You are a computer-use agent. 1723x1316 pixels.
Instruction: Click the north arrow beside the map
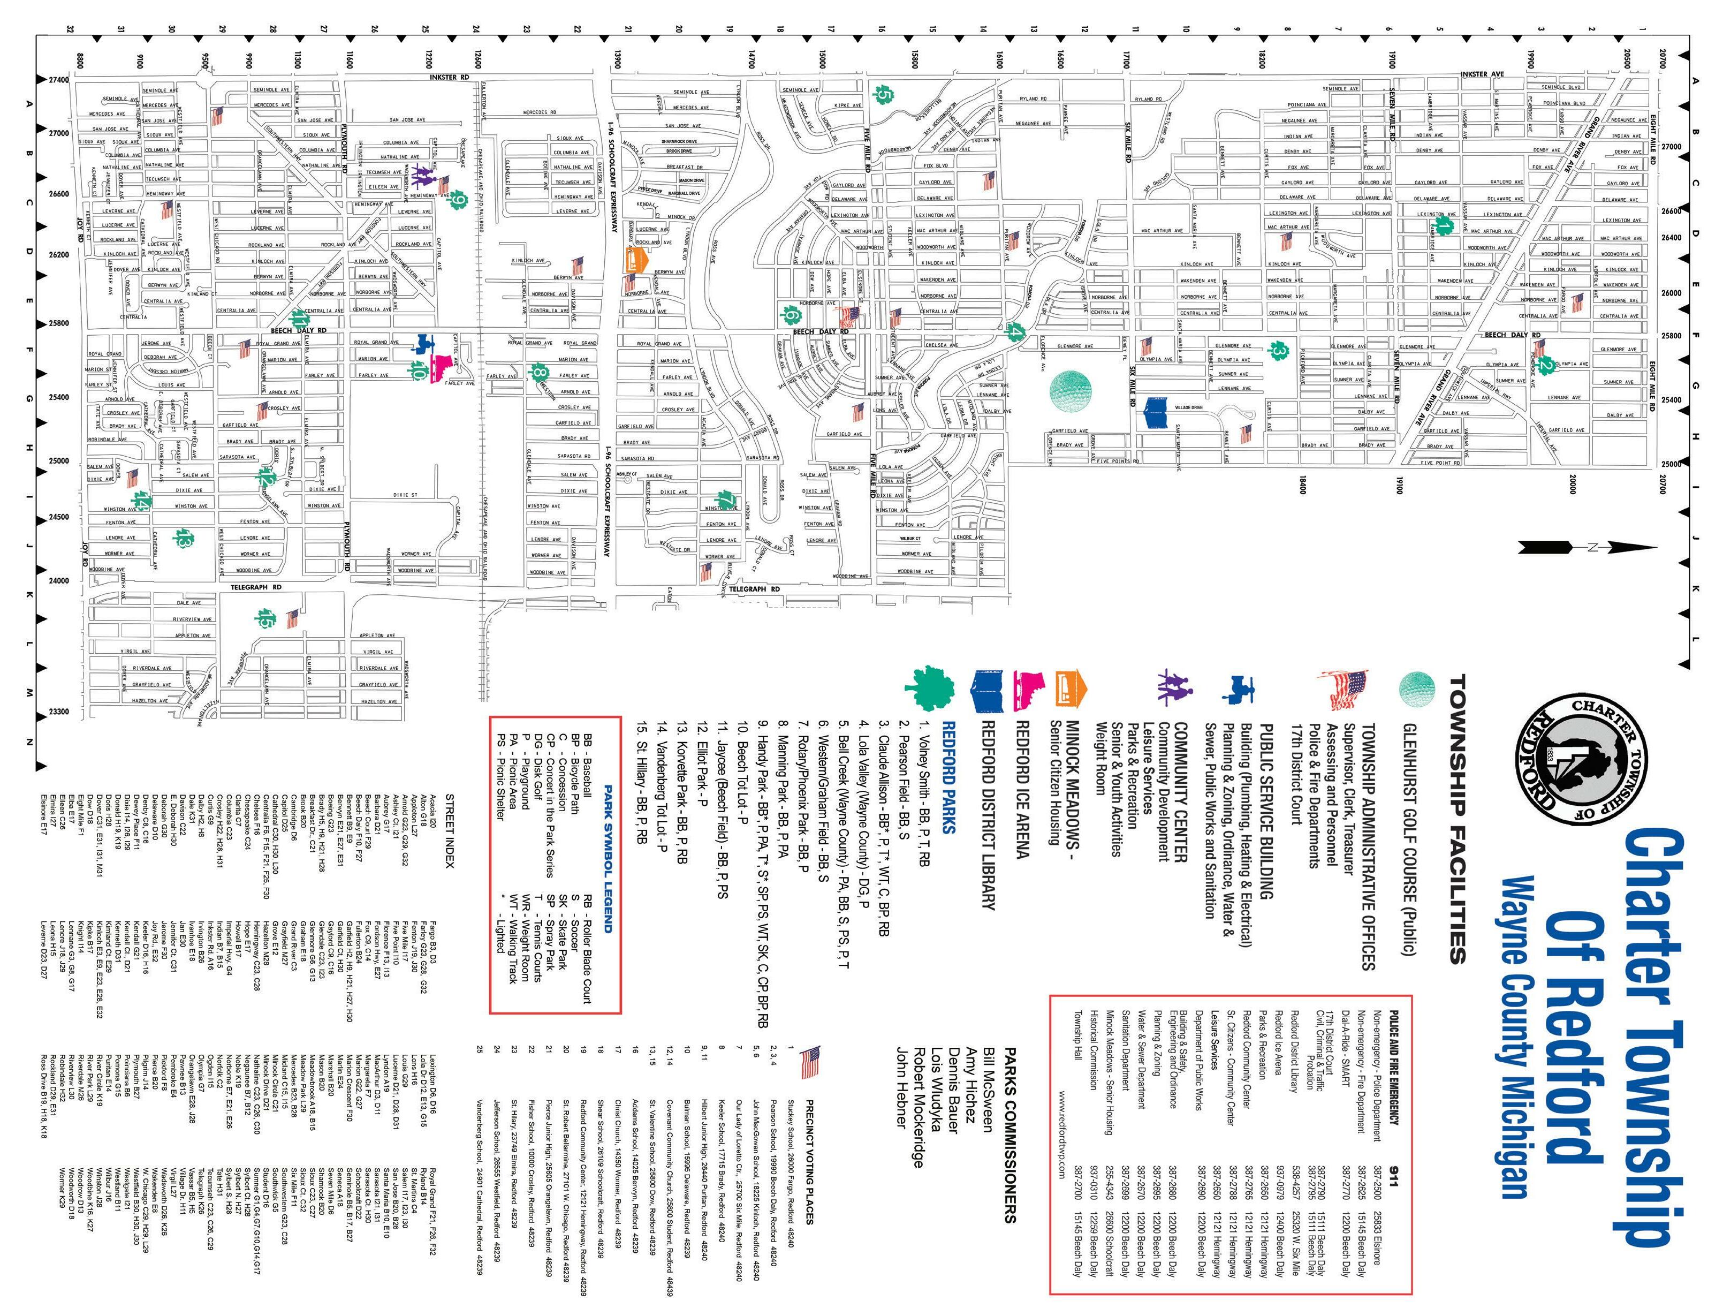[x=1587, y=547]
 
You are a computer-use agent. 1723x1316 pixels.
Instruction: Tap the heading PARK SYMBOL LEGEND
[x=607, y=858]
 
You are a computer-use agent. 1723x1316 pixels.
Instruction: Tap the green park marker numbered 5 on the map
[x=884, y=95]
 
